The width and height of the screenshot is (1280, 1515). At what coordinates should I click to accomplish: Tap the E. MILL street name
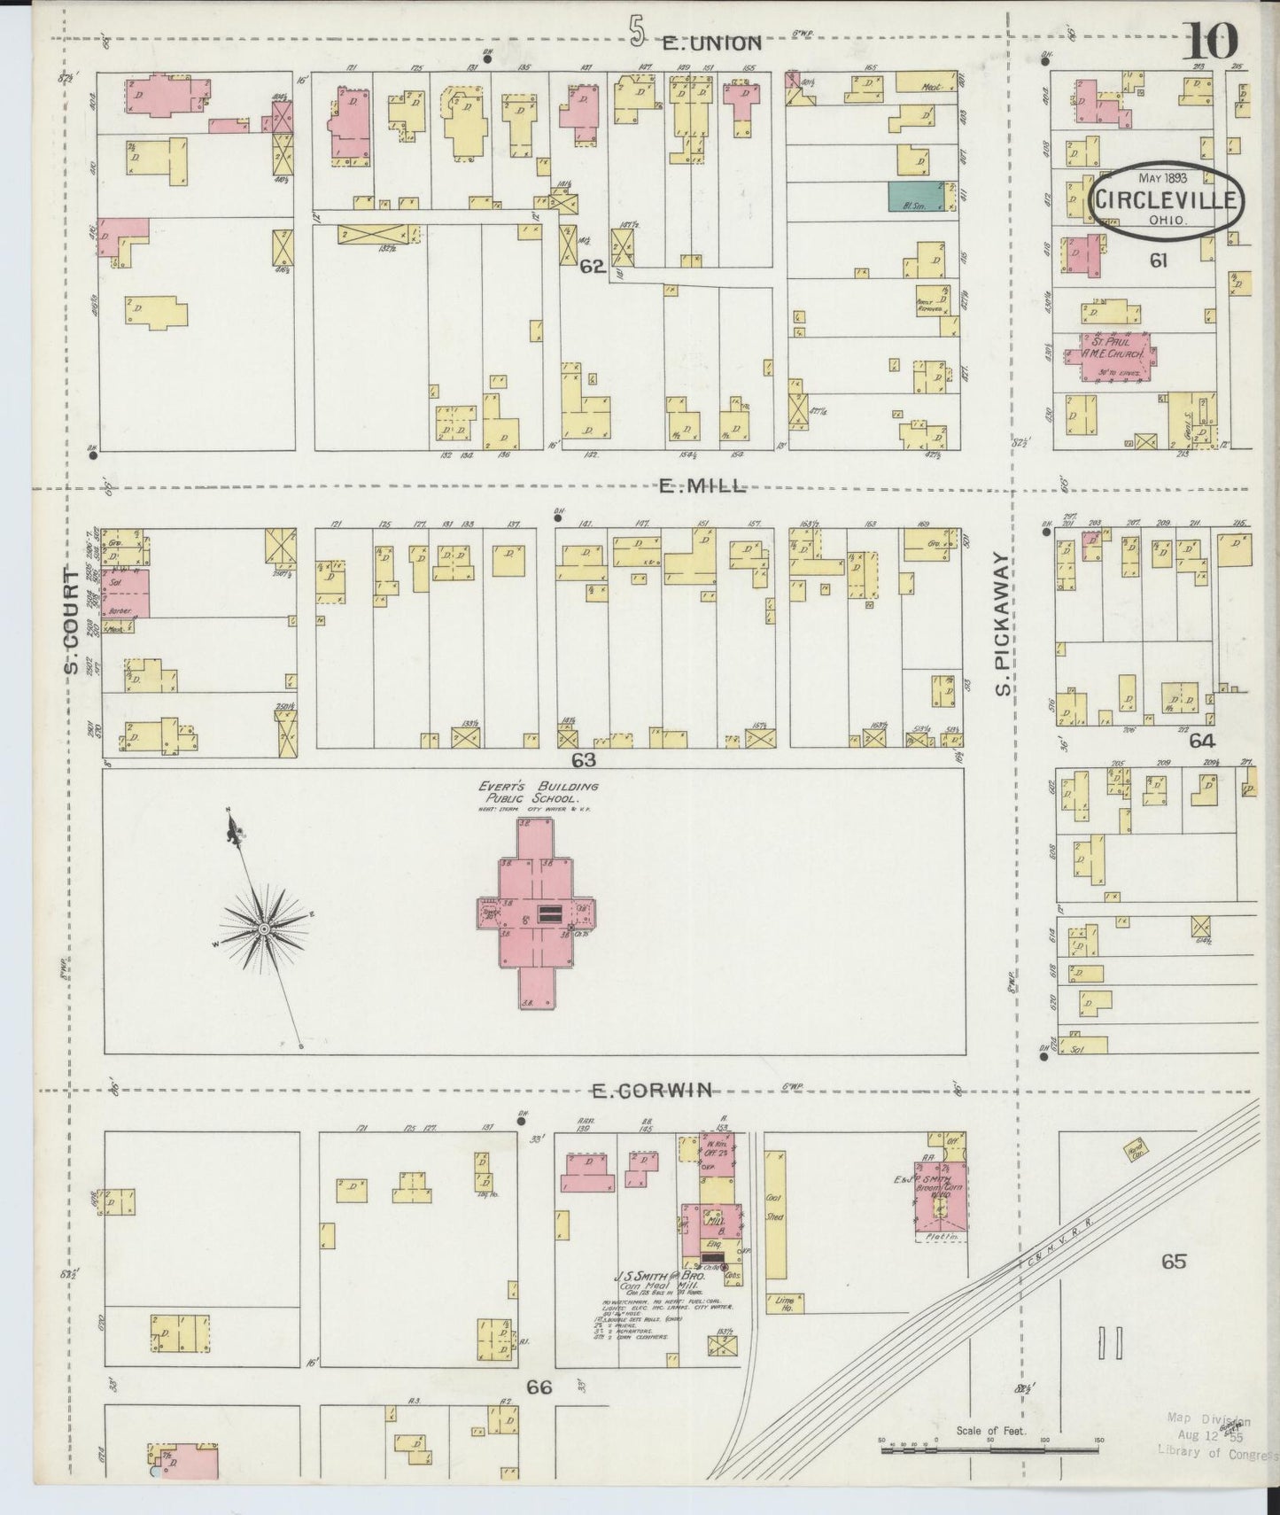tap(702, 486)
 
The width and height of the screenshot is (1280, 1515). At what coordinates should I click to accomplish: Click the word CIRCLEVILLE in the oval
tap(1164, 200)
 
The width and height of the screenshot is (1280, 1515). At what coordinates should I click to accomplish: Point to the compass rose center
tap(264, 928)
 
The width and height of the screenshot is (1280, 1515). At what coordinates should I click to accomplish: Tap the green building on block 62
tap(916, 196)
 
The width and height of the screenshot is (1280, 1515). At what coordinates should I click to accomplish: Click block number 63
tap(585, 759)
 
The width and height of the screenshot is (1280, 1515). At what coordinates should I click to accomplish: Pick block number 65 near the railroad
tap(1174, 1260)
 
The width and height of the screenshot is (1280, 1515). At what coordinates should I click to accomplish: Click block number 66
tap(539, 1387)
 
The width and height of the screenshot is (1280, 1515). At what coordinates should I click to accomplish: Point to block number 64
tap(1202, 741)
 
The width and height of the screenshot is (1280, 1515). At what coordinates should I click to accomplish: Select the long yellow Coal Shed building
tap(775, 1215)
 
